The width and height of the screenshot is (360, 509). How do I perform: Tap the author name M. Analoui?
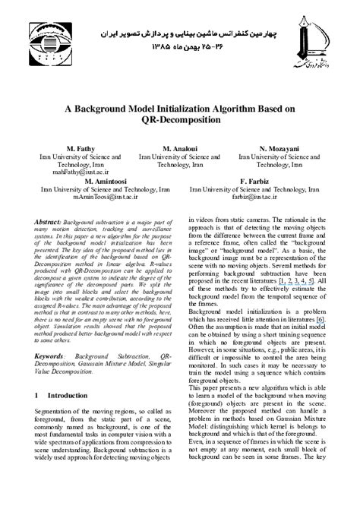179,147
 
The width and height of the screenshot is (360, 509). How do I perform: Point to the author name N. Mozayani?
279,147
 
